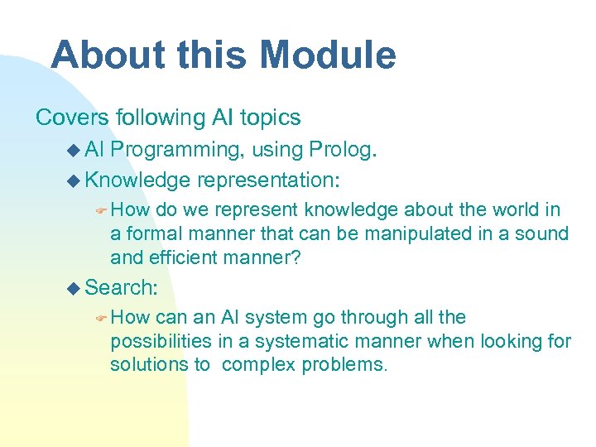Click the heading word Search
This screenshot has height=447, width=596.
pos(121,287)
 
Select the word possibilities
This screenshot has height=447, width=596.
pos(162,341)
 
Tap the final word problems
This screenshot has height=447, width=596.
pos(345,365)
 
